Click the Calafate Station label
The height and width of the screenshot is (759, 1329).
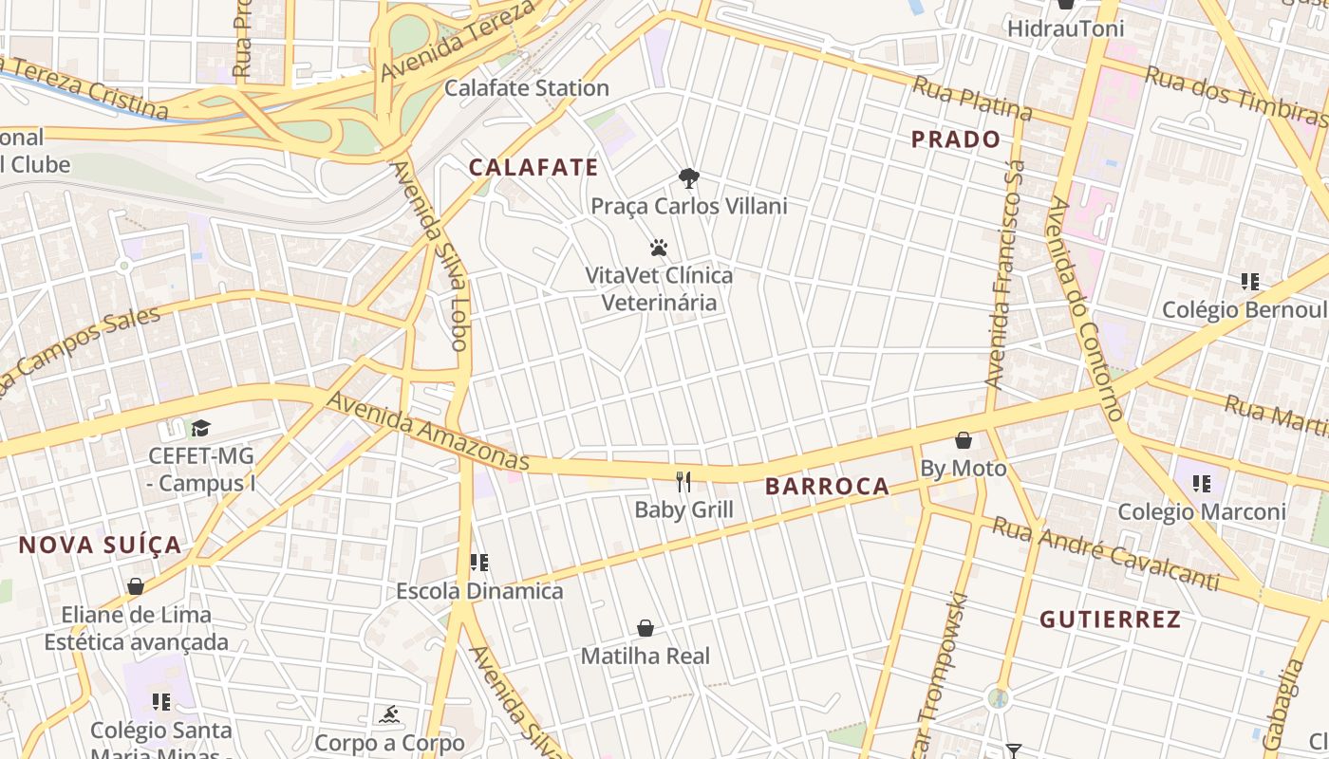click(x=527, y=88)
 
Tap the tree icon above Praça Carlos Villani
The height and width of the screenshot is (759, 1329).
click(x=689, y=177)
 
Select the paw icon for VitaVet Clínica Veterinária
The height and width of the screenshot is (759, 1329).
click(x=659, y=249)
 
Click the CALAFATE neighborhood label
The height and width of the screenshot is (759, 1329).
click(x=533, y=168)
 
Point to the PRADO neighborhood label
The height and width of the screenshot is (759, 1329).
click(x=956, y=139)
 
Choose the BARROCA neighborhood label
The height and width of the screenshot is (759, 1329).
click(x=828, y=487)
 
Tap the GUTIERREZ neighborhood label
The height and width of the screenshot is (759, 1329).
click(x=1110, y=620)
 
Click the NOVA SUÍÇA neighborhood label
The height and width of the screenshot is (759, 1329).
click(x=100, y=545)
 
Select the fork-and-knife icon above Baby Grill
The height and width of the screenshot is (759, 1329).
click(x=683, y=481)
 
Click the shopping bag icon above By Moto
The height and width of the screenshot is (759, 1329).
click(x=963, y=440)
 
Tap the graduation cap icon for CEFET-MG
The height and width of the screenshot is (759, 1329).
click(x=200, y=428)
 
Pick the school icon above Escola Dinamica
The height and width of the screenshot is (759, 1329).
click(x=479, y=563)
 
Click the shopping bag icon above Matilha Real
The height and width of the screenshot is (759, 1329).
click(x=646, y=628)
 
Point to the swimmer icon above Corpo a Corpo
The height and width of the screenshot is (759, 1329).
click(x=389, y=714)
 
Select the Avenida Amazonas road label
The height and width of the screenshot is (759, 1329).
click(x=427, y=431)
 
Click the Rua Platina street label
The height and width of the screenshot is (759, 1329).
click(x=971, y=99)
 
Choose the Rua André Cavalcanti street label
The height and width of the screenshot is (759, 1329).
click(x=1105, y=553)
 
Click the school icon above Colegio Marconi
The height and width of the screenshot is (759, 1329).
click(x=1202, y=484)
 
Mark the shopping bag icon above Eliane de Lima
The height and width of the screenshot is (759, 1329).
click(x=136, y=586)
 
